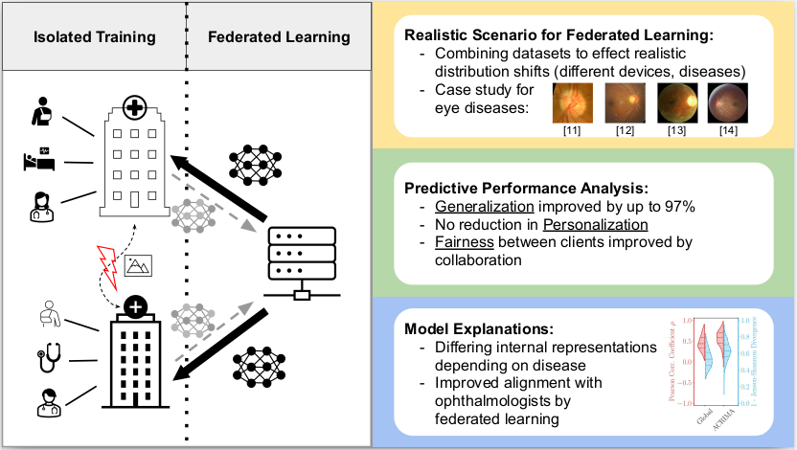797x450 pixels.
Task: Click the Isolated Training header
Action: pyautogui.click(x=94, y=38)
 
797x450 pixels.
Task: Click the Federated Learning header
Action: pyautogui.click(x=278, y=38)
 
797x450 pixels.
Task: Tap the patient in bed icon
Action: pyautogui.click(x=39, y=160)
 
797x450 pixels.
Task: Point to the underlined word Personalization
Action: pyautogui.click(x=597, y=224)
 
